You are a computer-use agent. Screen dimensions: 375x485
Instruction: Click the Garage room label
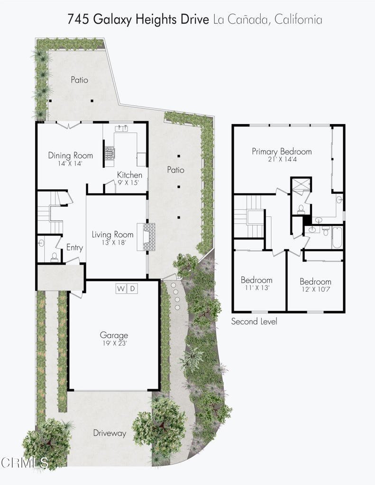pos(114,335)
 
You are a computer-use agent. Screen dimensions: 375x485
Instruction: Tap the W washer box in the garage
pos(121,288)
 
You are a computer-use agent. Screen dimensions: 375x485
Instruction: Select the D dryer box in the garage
pos(132,288)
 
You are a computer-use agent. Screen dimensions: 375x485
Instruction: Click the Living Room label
pos(112,234)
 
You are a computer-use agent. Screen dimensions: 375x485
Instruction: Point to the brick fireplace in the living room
pos(149,237)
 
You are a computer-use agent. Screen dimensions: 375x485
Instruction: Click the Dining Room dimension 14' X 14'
pos(70,163)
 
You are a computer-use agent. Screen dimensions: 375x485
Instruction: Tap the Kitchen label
pos(129,175)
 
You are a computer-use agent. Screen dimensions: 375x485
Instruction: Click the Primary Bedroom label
pos(282,152)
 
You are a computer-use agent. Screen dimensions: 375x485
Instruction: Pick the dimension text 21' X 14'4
pos(282,159)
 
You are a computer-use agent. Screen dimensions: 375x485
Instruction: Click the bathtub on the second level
pos(337,238)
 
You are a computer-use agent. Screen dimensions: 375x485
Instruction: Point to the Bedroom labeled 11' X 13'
pos(256,280)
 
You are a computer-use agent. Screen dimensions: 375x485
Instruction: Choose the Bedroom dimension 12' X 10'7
pos(315,289)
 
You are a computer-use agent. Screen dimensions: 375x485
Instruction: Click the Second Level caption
pos(254,322)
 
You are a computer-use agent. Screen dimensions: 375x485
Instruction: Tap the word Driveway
pos(110,433)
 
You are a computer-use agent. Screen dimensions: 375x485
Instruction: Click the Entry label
pos(74,247)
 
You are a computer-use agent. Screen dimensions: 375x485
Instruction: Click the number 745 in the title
pos(78,19)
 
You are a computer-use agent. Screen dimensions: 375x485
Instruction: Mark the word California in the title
pos(298,19)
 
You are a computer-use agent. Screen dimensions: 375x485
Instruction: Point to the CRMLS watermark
pos(24,463)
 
